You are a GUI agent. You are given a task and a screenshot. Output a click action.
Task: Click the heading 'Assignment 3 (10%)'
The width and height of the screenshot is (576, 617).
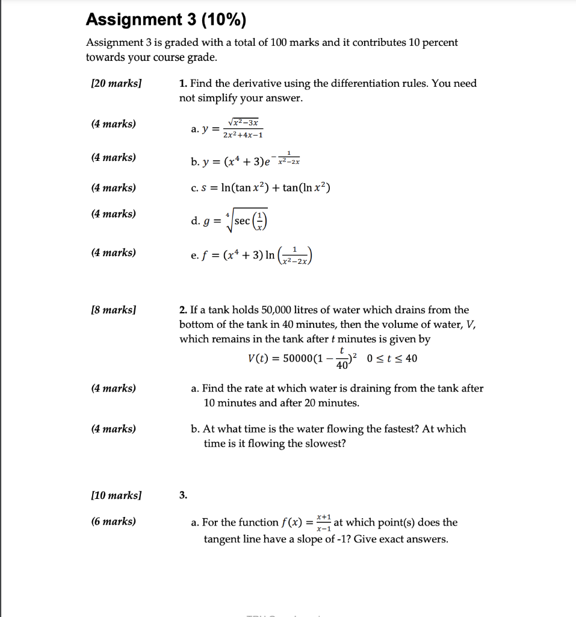[x=166, y=20]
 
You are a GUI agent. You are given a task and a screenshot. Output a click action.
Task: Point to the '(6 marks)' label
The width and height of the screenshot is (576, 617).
[x=113, y=522]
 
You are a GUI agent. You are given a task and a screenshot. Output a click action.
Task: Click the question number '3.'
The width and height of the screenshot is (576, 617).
[x=184, y=496]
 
